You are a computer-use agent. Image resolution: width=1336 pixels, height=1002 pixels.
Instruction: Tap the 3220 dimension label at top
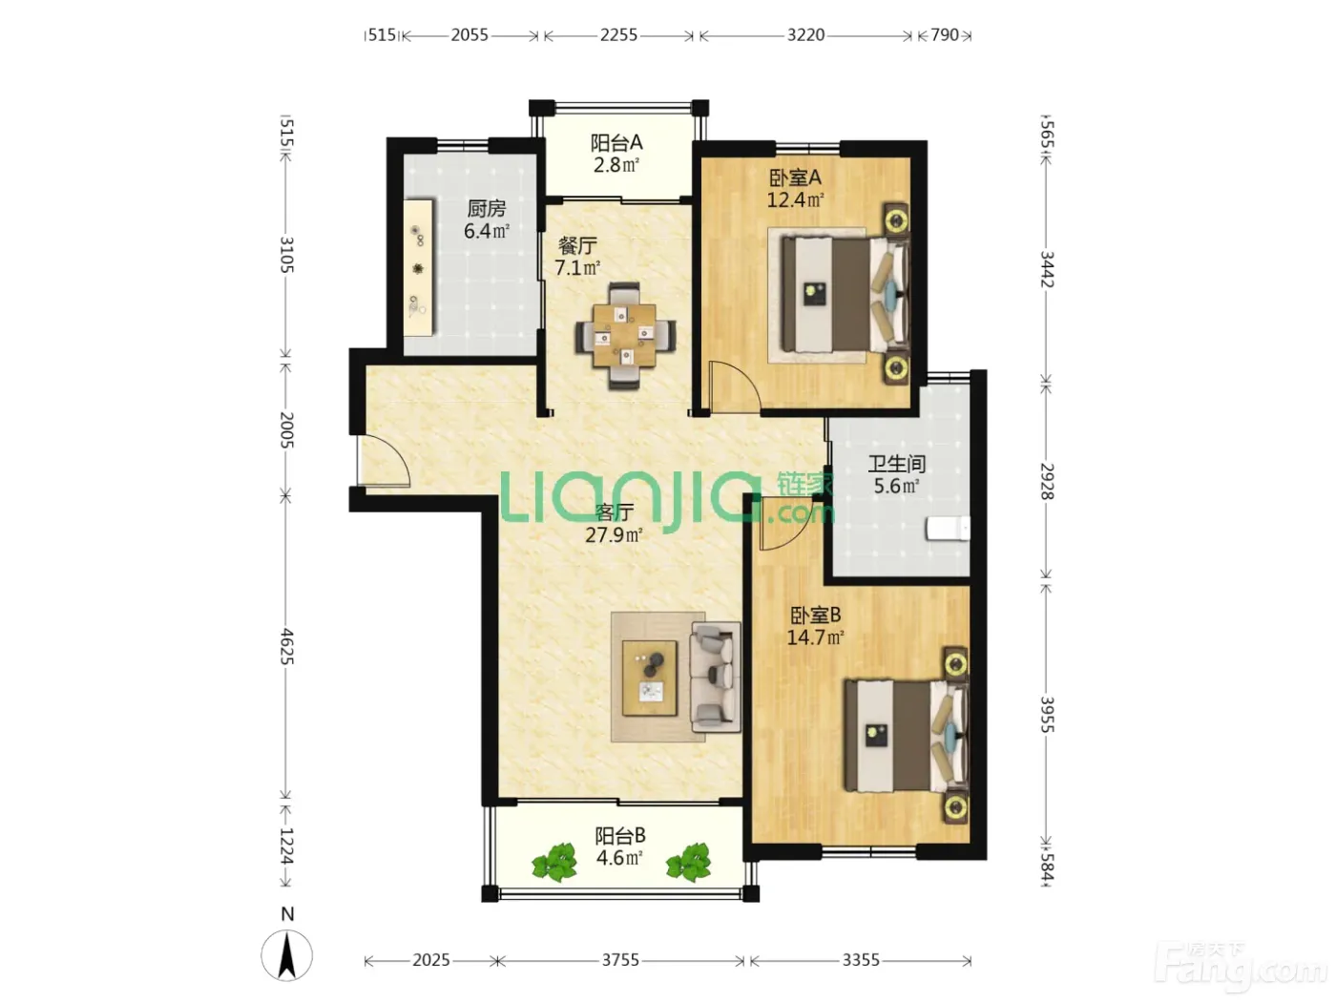point(805,35)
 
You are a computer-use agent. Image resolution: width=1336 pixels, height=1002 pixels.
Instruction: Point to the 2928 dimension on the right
point(1046,481)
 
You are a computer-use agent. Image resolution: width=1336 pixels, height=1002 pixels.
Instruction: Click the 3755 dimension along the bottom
point(620,960)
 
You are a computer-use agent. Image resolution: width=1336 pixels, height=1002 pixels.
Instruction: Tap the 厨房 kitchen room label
point(487,209)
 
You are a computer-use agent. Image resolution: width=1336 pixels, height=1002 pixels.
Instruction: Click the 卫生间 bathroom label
point(896,464)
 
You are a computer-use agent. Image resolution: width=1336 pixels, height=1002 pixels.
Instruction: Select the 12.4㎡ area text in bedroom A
point(795,199)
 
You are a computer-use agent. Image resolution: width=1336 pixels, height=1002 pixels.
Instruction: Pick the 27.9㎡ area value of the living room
point(614,534)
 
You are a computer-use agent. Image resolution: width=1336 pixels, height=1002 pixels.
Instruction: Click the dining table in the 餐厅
point(625,335)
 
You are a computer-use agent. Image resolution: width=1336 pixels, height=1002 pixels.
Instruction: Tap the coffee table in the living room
point(650,678)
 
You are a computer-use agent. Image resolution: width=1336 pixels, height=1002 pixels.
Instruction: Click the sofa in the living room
point(715,676)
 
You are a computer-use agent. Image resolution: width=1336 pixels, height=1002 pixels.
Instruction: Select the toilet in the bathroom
point(948,528)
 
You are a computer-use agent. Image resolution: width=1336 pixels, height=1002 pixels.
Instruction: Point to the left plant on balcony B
point(553,862)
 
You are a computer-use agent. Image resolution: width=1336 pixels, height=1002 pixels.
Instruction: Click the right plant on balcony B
point(688,862)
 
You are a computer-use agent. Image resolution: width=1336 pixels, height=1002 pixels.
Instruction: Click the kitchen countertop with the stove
point(419,266)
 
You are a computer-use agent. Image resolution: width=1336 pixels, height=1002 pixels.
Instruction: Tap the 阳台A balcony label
point(616,143)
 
